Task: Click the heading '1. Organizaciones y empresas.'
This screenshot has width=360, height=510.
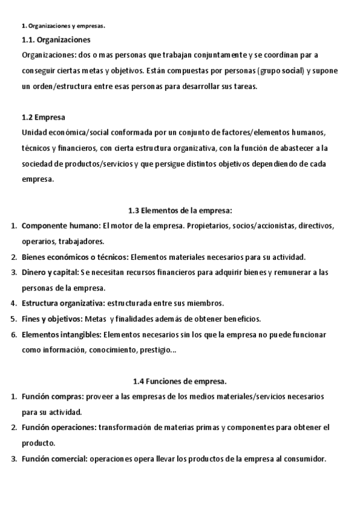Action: pos(63,26)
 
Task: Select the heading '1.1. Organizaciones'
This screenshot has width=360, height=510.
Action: pos(56,40)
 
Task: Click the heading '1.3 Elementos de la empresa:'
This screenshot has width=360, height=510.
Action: pos(180,210)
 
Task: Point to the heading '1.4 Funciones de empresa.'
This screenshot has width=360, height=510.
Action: pos(180,381)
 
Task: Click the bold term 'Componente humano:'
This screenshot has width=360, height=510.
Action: pos(61,226)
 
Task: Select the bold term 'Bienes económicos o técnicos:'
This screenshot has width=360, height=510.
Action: pos(75,257)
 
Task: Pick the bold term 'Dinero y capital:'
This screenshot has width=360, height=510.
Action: pos(50,272)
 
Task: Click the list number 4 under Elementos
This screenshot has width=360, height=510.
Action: pos(14,303)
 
